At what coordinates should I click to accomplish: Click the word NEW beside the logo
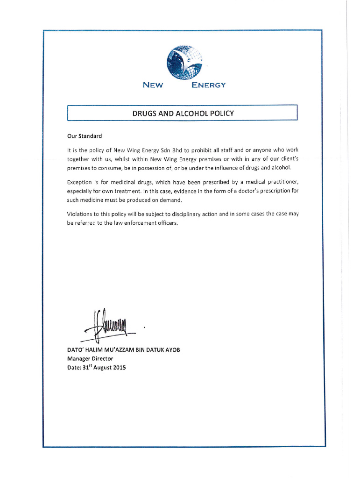152,85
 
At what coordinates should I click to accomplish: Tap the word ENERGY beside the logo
209,85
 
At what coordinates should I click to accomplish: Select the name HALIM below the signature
97,350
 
